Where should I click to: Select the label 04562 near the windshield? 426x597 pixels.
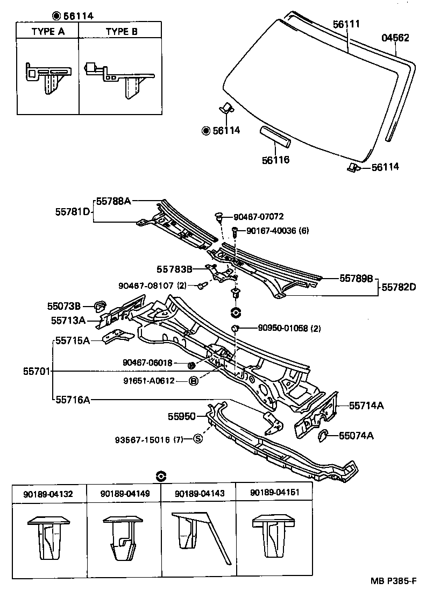(395, 38)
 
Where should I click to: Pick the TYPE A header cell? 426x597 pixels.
(48, 31)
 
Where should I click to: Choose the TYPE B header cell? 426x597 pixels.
(121, 31)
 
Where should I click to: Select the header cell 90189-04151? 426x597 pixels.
(274, 493)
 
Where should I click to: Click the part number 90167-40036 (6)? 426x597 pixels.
(278, 231)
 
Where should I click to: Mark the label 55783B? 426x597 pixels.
(175, 268)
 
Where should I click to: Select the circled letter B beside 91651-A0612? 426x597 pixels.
(194, 381)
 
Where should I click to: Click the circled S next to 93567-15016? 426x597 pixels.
(197, 439)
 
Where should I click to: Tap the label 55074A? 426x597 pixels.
(356, 435)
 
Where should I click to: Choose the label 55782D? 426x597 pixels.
(399, 288)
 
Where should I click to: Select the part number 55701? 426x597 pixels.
(37, 371)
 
